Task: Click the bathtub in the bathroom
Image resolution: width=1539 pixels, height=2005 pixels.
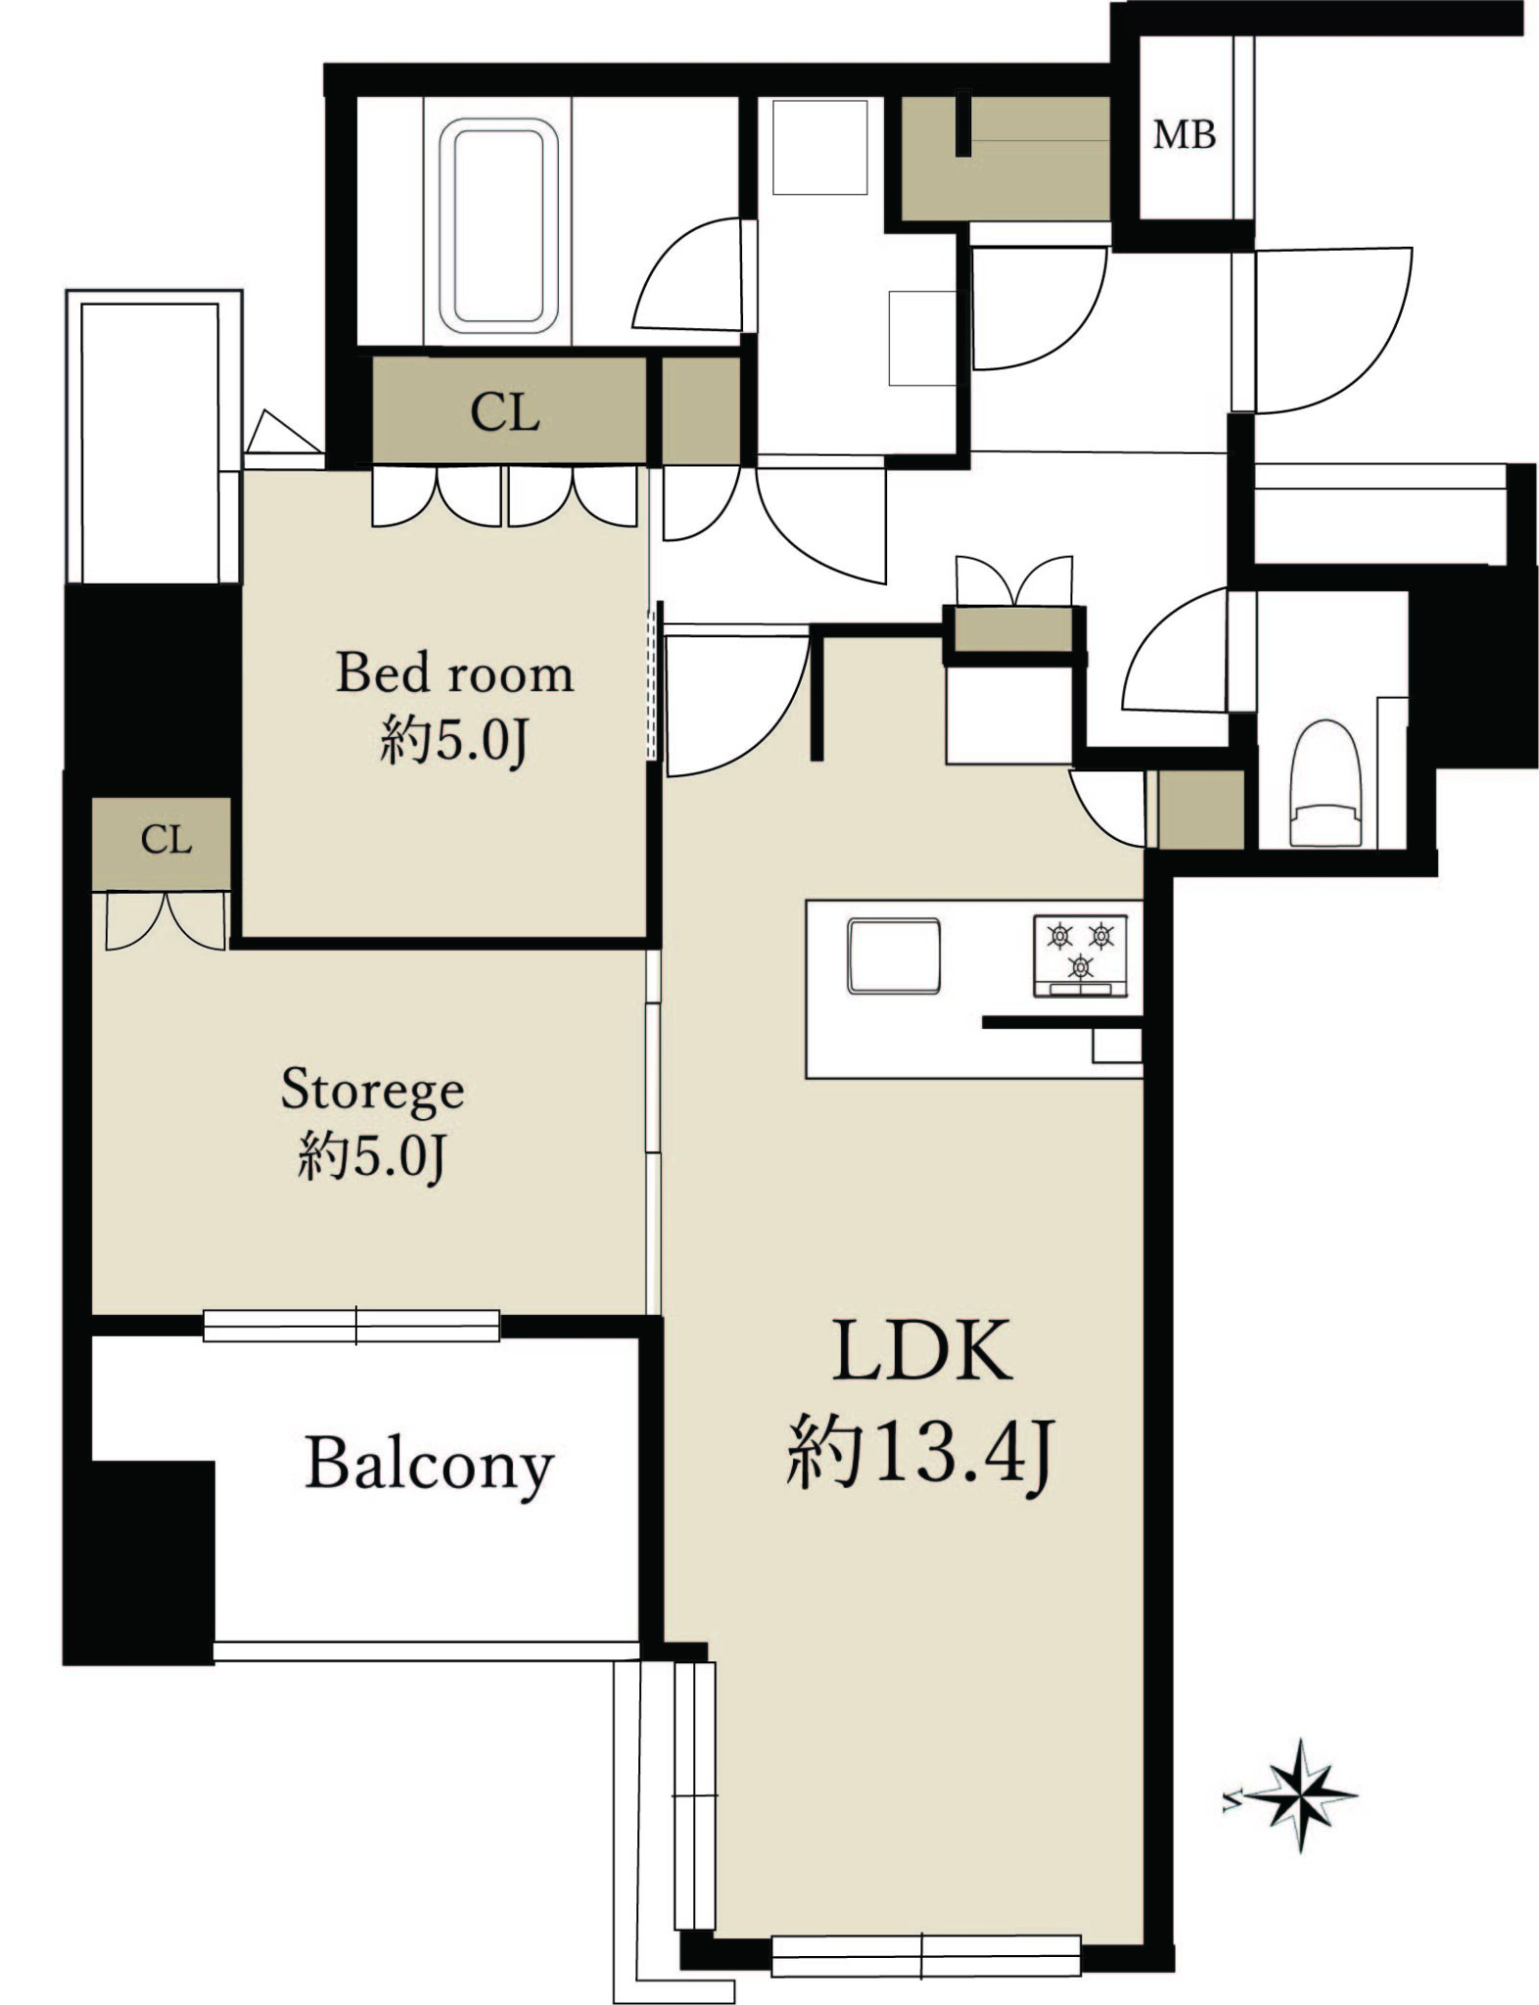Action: pyautogui.click(x=498, y=226)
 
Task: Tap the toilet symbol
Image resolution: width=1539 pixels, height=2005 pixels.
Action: pyautogui.click(x=1325, y=782)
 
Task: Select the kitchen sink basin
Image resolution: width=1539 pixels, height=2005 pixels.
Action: pyautogui.click(x=893, y=956)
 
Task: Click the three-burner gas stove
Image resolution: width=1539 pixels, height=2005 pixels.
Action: pyautogui.click(x=1080, y=956)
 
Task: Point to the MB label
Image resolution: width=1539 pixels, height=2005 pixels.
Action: pyautogui.click(x=1184, y=134)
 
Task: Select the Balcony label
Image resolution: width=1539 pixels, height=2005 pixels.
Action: pyautogui.click(x=430, y=1466)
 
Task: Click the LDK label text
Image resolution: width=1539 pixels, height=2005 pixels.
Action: pyautogui.click(x=922, y=1351)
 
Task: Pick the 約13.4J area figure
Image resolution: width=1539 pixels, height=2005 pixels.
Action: pyautogui.click(x=919, y=1454)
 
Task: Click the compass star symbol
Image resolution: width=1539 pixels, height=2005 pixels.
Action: pyautogui.click(x=1300, y=1795)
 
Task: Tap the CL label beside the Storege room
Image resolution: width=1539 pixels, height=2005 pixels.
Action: pyautogui.click(x=165, y=839)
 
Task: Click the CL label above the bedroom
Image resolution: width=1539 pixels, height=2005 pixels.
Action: pyautogui.click(x=504, y=412)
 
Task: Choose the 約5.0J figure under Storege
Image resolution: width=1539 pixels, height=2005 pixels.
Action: pyautogui.click(x=372, y=1156)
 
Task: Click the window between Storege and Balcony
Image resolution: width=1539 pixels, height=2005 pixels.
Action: pyautogui.click(x=351, y=1326)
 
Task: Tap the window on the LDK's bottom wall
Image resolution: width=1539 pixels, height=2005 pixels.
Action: pyautogui.click(x=926, y=1954)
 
